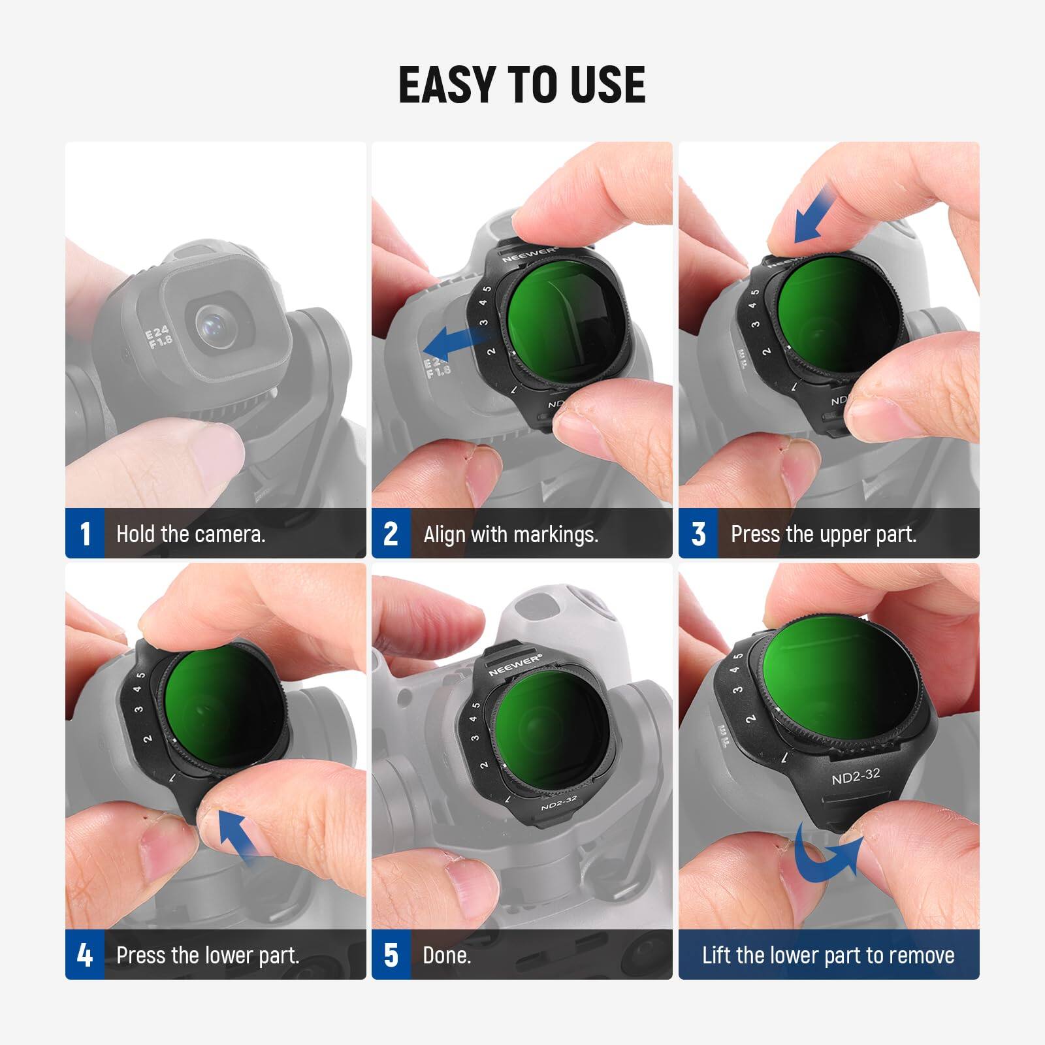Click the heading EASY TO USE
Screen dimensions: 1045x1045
click(522, 86)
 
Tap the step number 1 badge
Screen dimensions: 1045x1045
click(85, 534)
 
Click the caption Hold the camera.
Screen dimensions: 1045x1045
click(191, 534)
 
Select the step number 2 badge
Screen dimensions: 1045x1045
click(391, 534)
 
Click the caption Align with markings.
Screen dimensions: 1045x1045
click(511, 534)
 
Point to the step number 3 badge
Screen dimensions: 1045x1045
click(698, 534)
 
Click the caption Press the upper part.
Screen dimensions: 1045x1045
click(824, 534)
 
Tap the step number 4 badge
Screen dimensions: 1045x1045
click(85, 955)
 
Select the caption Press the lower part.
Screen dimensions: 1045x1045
click(208, 956)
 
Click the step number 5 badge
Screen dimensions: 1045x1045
click(391, 955)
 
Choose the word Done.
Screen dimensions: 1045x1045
click(447, 956)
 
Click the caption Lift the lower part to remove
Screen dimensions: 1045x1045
click(828, 956)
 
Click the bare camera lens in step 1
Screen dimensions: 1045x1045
click(215, 322)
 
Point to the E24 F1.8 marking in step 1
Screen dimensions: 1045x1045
click(160, 338)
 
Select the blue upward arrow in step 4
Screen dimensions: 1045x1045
click(236, 835)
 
